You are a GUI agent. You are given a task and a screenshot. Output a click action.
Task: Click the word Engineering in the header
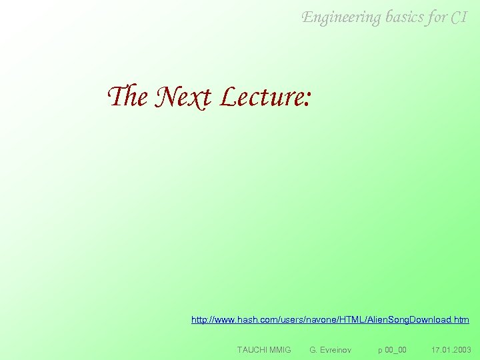341,17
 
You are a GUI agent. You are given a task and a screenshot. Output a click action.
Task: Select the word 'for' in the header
437,17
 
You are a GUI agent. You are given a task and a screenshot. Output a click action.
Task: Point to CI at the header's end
459,17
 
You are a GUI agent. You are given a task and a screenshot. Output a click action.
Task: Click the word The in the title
127,97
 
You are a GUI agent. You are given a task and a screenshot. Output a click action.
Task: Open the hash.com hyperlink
330,320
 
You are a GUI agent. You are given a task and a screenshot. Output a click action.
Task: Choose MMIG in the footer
280,349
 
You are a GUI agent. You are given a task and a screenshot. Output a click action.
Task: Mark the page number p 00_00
392,349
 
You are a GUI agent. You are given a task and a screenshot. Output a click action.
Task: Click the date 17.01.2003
451,349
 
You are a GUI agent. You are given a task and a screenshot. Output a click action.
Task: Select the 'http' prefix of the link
199,320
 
